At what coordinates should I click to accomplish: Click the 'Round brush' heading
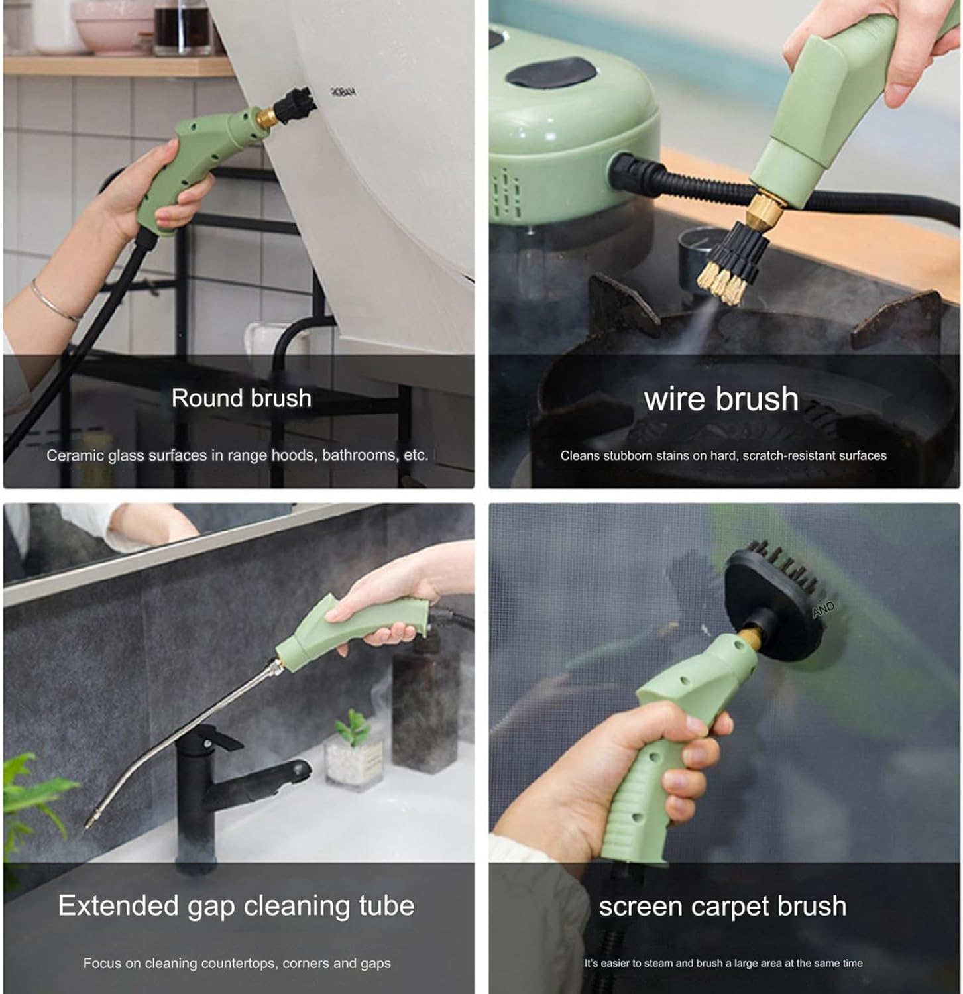241,398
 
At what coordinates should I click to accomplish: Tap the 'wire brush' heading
721,399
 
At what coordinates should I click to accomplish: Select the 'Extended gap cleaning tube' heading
236,906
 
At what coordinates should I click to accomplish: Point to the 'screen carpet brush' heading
722,907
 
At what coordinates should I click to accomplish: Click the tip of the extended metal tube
89,823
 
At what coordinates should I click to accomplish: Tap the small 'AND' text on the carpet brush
823,609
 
